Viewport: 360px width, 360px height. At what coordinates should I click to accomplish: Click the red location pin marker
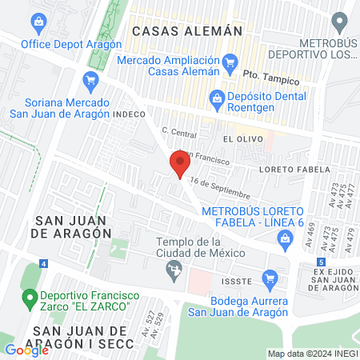click(179, 165)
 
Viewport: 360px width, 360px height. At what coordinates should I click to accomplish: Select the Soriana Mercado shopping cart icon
click(90, 79)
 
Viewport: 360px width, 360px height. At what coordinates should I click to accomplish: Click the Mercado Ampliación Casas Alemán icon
click(231, 60)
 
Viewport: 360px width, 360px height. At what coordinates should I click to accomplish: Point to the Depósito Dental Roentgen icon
click(215, 99)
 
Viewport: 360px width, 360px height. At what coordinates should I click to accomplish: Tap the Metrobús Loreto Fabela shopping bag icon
click(285, 238)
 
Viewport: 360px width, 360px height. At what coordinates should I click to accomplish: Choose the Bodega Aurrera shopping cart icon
click(270, 279)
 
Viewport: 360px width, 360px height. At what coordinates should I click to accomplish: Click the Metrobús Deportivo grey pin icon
click(341, 21)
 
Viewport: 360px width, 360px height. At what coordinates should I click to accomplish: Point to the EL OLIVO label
click(239, 138)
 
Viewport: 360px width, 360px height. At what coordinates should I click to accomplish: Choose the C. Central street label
click(178, 131)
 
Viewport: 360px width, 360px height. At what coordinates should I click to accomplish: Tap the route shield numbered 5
click(321, 262)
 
